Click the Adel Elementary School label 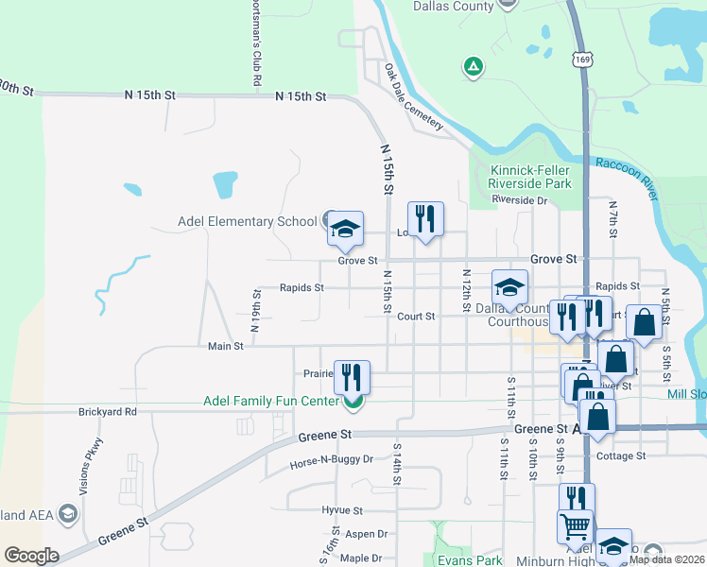(x=248, y=222)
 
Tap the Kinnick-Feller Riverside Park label (x=530, y=177)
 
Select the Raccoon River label (x=626, y=171)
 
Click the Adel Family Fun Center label (x=270, y=402)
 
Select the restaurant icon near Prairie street (x=352, y=377)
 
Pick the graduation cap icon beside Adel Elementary (x=345, y=227)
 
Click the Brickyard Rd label (x=108, y=412)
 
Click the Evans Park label (x=470, y=559)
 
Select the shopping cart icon (x=576, y=527)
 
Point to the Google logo (x=31, y=556)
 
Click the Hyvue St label (x=343, y=510)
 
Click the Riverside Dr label (x=520, y=200)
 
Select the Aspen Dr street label (x=366, y=534)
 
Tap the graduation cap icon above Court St (x=509, y=287)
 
